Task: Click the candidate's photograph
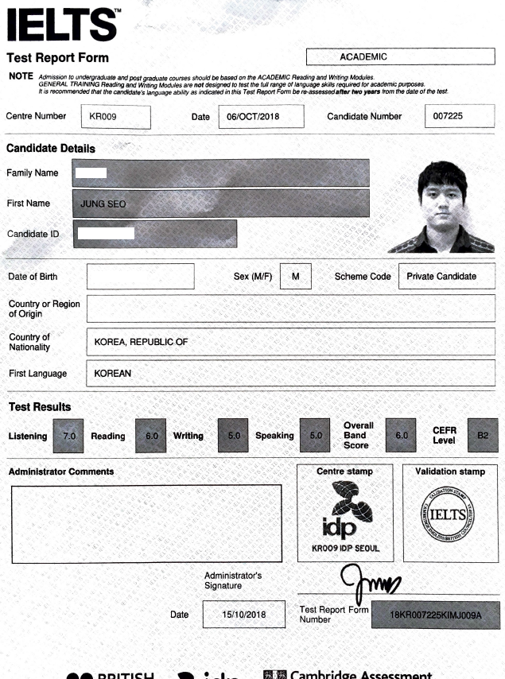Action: (456, 207)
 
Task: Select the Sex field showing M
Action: (295, 277)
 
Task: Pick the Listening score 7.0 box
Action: (68, 436)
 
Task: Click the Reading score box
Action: (151, 436)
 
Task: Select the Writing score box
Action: (233, 436)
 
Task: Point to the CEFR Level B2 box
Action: (483, 436)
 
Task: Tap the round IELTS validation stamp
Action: (450, 514)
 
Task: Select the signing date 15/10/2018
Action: (243, 615)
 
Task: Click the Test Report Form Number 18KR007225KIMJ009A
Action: (436, 615)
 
